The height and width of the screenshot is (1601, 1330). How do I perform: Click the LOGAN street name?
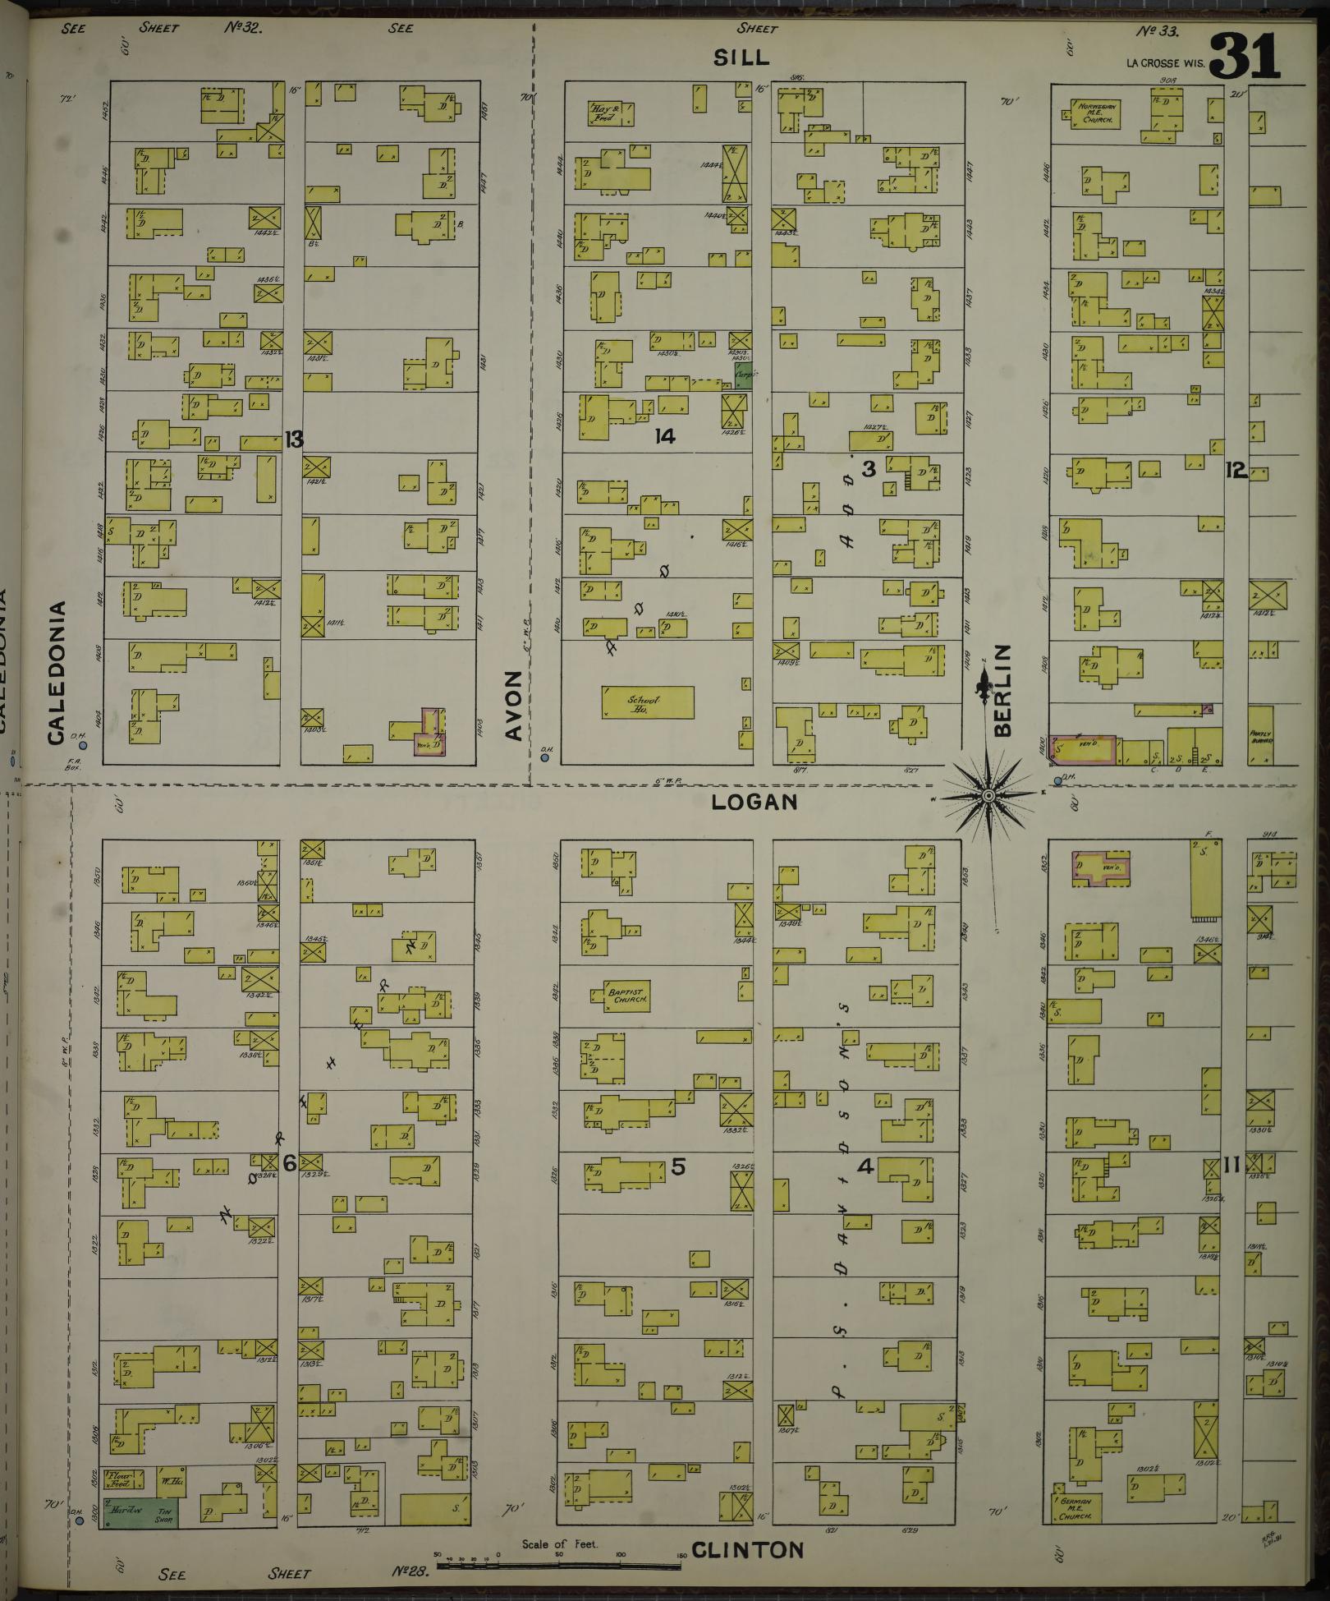tap(754, 802)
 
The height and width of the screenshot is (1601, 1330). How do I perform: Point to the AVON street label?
tap(514, 705)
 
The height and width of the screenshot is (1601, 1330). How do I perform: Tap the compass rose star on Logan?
tap(988, 795)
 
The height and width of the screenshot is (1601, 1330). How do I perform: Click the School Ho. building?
tap(647, 702)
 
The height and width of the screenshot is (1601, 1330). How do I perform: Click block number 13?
tap(293, 440)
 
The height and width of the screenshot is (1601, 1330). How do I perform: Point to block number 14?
tap(664, 436)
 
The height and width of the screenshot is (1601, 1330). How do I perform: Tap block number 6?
tap(288, 1164)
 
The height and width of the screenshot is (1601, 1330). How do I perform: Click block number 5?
tap(677, 1166)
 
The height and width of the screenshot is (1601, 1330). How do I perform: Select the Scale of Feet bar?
tap(558, 1566)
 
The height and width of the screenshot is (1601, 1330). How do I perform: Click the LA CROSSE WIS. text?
tap(1163, 63)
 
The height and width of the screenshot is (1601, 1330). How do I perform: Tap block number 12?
tap(1235, 470)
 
